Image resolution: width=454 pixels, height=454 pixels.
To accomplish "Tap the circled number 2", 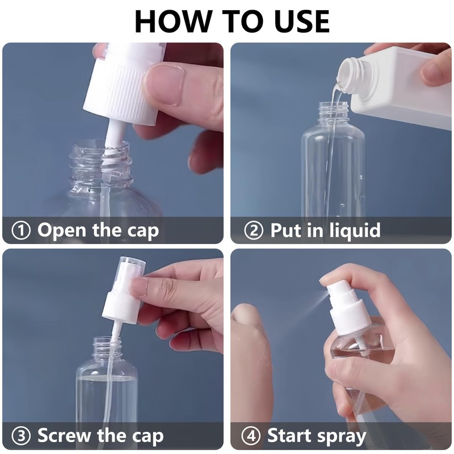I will (x=254, y=231).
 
